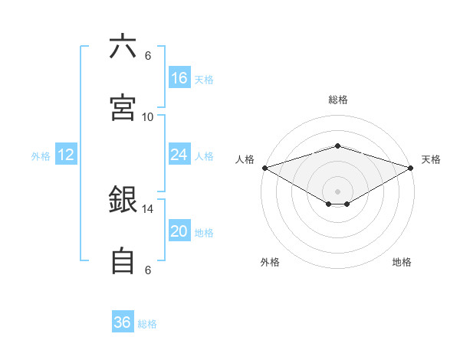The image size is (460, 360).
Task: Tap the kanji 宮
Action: tap(123, 108)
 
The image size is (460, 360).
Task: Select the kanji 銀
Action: tap(123, 201)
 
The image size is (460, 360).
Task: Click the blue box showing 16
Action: tap(179, 78)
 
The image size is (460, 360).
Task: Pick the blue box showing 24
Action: tap(179, 155)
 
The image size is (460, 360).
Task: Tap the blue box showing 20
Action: tap(179, 231)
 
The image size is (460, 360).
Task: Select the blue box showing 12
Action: tap(66, 155)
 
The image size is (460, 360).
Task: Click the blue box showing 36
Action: tap(123, 322)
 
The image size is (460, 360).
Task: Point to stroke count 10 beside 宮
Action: tap(148, 116)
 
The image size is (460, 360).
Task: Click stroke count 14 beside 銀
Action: tap(148, 208)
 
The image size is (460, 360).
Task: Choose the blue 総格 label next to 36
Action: tap(147, 324)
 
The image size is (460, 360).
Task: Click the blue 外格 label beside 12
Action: tap(41, 156)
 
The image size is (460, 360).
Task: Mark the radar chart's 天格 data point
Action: tap(412, 168)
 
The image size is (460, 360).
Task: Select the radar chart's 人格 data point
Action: tap(264, 168)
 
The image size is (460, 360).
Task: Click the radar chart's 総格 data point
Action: tap(337, 146)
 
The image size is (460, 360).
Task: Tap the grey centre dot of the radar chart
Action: tap(337, 191)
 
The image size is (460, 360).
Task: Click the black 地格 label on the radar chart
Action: tap(402, 262)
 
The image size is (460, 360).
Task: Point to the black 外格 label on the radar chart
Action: tap(270, 262)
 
